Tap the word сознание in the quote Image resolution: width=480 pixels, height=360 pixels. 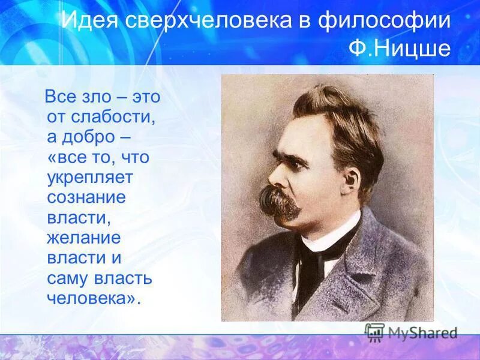[x=86, y=198]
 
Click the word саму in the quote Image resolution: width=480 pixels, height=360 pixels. [x=68, y=279]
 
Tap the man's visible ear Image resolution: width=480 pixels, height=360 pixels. [x=350, y=179]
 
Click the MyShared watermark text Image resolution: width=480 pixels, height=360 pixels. [x=422, y=333]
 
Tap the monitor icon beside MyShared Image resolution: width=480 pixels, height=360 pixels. [x=375, y=332]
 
